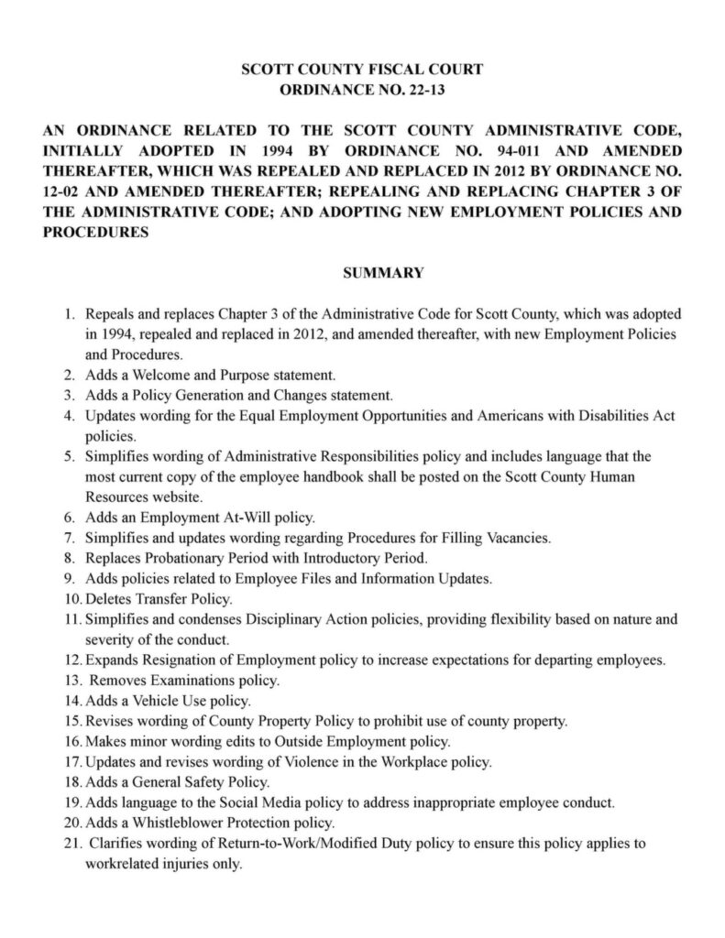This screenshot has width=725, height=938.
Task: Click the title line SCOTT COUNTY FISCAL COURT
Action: click(362, 70)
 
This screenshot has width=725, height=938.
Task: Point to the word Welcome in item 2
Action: click(150, 375)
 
